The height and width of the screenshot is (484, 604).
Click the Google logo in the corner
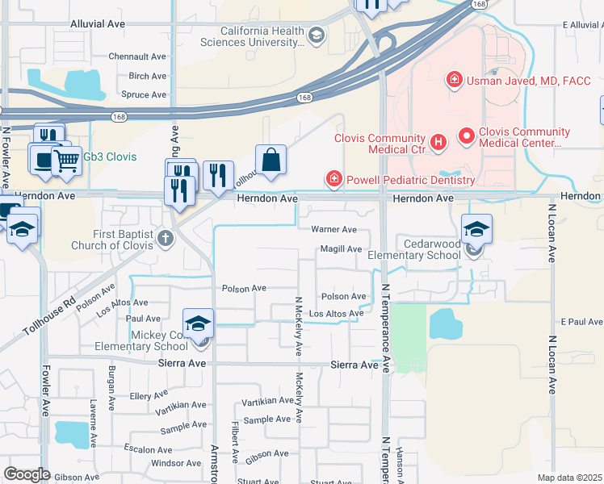(x=26, y=474)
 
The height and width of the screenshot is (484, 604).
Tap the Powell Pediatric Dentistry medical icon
(x=332, y=179)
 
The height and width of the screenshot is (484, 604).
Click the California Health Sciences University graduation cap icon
(x=317, y=34)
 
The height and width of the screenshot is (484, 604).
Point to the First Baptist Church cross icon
(x=166, y=237)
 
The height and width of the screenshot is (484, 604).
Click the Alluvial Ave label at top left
(x=98, y=25)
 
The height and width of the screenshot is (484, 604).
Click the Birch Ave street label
(x=147, y=77)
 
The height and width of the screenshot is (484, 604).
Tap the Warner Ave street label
(x=333, y=230)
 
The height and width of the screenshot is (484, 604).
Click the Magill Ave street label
(x=341, y=249)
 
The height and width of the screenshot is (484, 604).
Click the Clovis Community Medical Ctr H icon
(x=438, y=143)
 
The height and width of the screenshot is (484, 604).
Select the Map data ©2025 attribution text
(x=569, y=478)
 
